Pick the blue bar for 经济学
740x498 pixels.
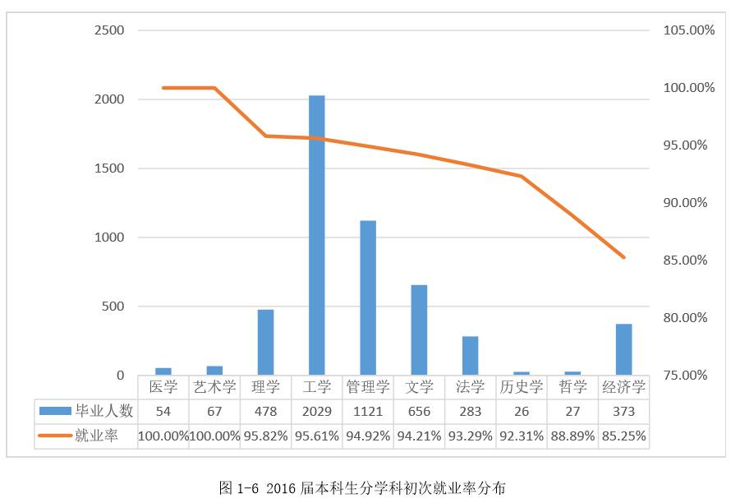pos(623,349)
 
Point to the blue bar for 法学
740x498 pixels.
pos(470,355)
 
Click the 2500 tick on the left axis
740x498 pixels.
pos(109,30)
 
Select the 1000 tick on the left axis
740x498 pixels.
pos(109,237)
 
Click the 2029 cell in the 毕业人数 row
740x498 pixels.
pos(316,411)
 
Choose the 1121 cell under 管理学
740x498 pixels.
pos(367,411)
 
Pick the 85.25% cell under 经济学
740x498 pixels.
pos(623,436)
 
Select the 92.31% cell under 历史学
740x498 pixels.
pos(521,436)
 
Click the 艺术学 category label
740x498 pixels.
pos(214,386)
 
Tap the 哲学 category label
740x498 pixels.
pos(572,386)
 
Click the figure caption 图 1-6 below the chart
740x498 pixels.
pos(361,487)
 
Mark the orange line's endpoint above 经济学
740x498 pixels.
pos(623,257)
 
